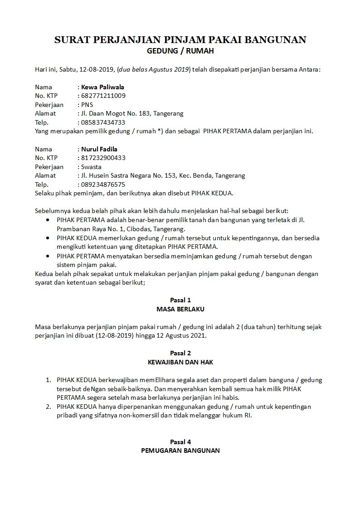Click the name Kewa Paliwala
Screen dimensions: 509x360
coord(102,87)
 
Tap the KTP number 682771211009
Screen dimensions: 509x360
coord(103,96)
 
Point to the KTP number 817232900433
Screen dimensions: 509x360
coord(103,158)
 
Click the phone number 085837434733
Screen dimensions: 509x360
coord(103,122)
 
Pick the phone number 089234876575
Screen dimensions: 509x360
coord(103,184)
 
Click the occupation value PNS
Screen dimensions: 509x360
coord(87,105)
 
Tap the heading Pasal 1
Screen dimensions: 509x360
coord(180,300)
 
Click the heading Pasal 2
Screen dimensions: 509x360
coord(180,353)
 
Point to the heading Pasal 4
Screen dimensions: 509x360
coord(180,442)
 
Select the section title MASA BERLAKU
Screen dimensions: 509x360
coord(180,309)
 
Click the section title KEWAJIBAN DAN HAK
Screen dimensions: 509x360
coord(180,362)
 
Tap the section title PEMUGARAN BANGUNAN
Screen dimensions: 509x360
coord(180,451)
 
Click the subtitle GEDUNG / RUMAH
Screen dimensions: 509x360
coord(180,51)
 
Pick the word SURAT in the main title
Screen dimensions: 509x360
coord(72,40)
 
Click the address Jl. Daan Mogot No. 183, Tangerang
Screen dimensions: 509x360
coord(132,113)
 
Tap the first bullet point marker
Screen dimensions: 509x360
coord(49,220)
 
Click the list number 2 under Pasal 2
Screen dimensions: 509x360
coord(48,407)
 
